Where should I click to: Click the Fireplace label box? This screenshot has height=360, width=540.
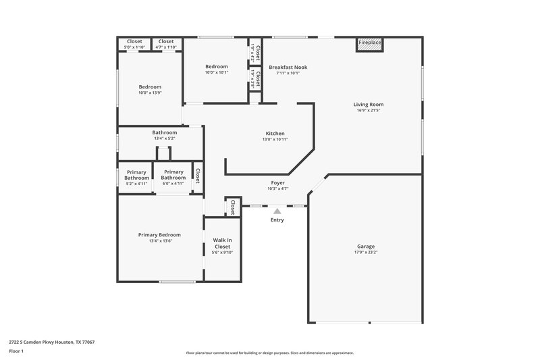coord(369,43)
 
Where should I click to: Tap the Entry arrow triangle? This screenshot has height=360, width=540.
coord(277,211)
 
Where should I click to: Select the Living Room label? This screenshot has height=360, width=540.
coord(369,105)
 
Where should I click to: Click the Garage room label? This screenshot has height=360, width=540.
coord(366,247)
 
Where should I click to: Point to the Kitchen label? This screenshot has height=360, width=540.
coord(275,134)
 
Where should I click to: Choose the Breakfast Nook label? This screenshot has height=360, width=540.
coord(288,67)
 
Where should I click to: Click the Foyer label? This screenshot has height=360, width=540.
coord(277,182)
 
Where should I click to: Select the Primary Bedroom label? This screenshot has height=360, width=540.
coord(159,234)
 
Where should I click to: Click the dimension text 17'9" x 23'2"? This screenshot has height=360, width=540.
coord(366,253)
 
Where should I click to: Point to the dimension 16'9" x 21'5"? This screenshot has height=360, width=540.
coord(369,111)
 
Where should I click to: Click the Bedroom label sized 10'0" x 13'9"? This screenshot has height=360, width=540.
coord(150,86)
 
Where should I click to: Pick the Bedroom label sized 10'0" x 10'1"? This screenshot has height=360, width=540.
coord(217,66)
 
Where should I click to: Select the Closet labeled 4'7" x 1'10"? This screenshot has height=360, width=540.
coord(166,41)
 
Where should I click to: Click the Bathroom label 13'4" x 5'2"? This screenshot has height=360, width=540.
coord(164,132)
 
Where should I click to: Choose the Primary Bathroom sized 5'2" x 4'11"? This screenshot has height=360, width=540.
coord(136,177)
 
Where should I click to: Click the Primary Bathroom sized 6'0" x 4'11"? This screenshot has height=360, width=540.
coord(173,177)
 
